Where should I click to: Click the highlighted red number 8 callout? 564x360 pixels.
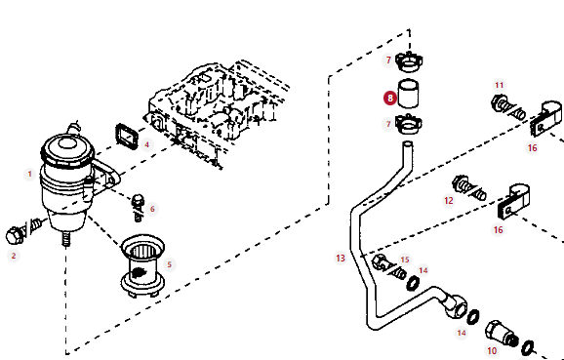pyautogui.click(x=390, y=99)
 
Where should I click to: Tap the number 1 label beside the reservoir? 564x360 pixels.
pyautogui.click(x=30, y=175)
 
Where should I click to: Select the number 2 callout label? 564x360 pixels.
pyautogui.click(x=14, y=256)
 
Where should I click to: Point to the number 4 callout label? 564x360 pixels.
pyautogui.click(x=146, y=145)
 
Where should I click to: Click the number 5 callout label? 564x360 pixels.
pyautogui.click(x=170, y=265)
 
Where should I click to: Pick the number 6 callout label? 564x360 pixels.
pyautogui.click(x=152, y=209)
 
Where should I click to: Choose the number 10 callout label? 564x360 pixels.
pyautogui.click(x=492, y=350)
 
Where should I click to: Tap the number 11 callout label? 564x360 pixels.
pyautogui.click(x=500, y=85)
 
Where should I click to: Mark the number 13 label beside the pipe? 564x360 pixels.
pyautogui.click(x=341, y=259)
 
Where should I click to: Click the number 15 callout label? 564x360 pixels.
pyautogui.click(x=405, y=260)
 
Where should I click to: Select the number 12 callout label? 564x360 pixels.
pyautogui.click(x=449, y=200)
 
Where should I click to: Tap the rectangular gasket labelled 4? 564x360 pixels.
pyautogui.click(x=127, y=137)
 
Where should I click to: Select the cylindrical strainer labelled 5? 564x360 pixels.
pyautogui.click(x=142, y=265)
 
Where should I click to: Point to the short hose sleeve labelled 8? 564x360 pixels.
pyautogui.click(x=408, y=94)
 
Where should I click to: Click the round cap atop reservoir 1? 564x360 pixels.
pyautogui.click(x=67, y=146)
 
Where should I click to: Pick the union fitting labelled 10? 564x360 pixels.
pyautogui.click(x=502, y=334)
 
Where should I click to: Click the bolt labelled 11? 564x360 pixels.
pyautogui.click(x=507, y=107)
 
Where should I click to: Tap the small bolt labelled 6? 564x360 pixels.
pyautogui.click(x=139, y=208)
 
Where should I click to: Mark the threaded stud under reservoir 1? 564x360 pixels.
pyautogui.click(x=65, y=238)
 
